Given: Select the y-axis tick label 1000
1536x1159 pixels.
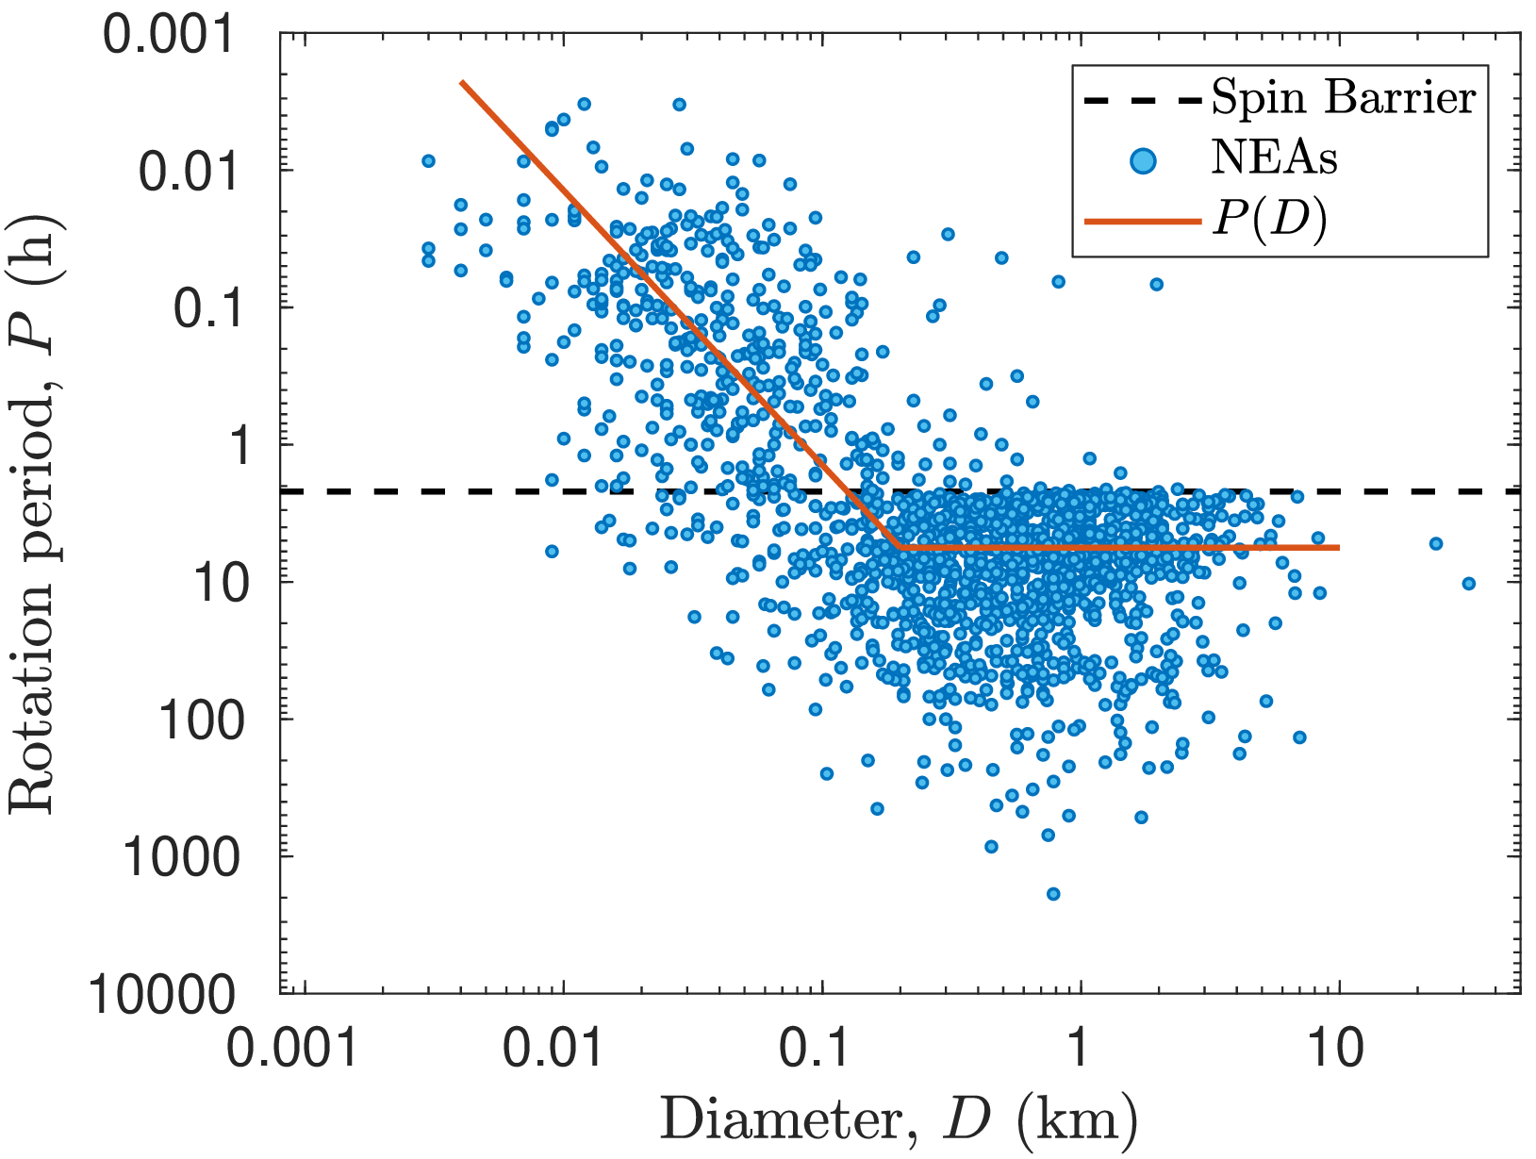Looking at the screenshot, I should pyautogui.click(x=177, y=859).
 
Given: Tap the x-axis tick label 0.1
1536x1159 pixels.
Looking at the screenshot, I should pyautogui.click(x=822, y=1047).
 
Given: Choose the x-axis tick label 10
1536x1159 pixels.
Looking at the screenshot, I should pyautogui.click(x=1337, y=1047).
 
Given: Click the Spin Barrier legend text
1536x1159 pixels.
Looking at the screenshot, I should pyautogui.click(x=1343, y=98).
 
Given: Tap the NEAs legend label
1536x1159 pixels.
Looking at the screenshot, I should pyautogui.click(x=1274, y=159).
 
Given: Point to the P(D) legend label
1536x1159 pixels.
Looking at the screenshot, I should pyautogui.click(x=1269, y=221).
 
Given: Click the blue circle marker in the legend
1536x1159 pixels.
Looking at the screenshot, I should pyautogui.click(x=1143, y=160).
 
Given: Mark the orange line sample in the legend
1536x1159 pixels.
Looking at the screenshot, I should pyautogui.click(x=1143, y=222).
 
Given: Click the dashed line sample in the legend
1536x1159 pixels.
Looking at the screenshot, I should pyautogui.click(x=1143, y=99).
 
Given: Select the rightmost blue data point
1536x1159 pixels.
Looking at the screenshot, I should pyautogui.click(x=1468, y=584).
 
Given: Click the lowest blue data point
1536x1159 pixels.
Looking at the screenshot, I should pyautogui.click(x=1053, y=893).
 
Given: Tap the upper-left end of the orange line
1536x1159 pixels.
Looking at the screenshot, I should pyautogui.click(x=462, y=82).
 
